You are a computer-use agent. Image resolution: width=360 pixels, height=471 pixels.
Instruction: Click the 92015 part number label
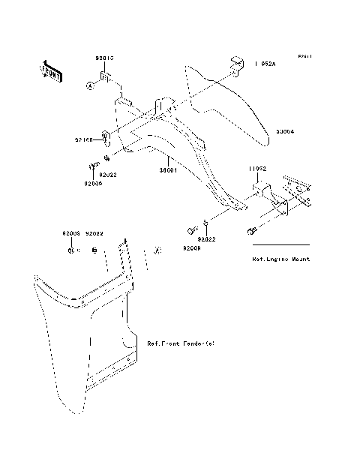point(103,58)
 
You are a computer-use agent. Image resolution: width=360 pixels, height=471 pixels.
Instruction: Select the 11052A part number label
point(265,64)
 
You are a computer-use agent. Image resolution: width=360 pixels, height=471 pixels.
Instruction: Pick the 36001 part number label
point(166,170)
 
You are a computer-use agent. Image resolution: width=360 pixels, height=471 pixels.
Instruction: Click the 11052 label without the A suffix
point(258,169)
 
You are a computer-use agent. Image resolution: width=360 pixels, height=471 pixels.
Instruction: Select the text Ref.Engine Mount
point(281,259)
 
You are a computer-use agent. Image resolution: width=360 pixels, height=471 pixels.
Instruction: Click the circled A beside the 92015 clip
point(88,86)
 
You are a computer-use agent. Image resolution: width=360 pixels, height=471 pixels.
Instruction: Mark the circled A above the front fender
point(157,250)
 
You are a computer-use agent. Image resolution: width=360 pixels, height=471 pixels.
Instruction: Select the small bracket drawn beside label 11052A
point(238,64)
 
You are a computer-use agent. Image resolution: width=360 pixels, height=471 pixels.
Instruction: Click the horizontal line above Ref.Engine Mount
point(281,245)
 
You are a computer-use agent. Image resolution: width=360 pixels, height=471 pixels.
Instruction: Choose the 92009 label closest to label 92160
point(93,183)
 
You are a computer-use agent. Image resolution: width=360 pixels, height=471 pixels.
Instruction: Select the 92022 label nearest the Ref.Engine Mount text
point(206,240)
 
